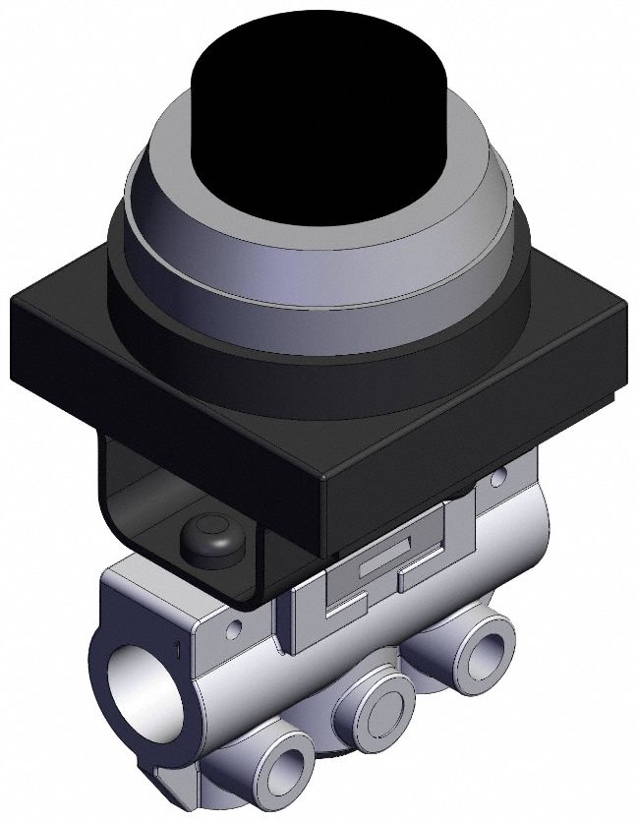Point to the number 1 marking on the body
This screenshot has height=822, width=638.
tap(176, 649)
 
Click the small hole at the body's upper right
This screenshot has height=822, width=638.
tap(499, 478)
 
